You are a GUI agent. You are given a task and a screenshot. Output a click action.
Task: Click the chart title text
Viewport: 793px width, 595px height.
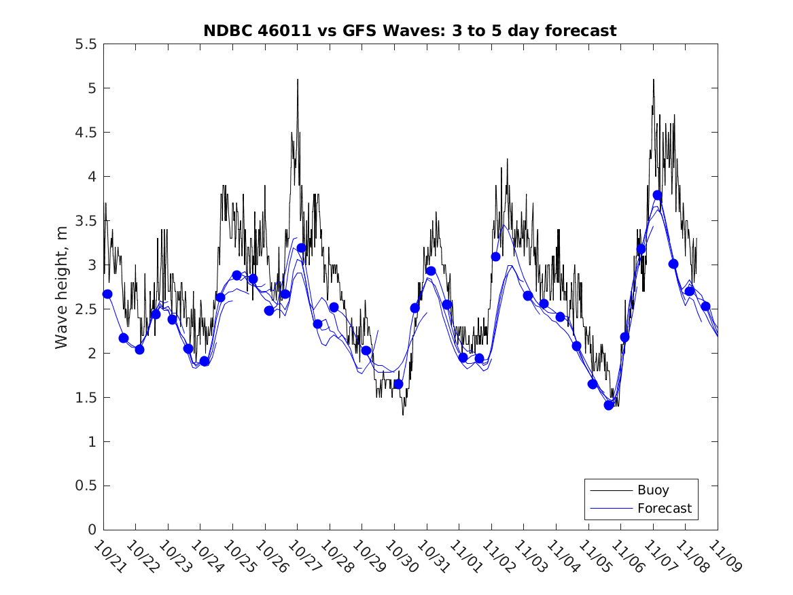pyautogui.click(x=410, y=31)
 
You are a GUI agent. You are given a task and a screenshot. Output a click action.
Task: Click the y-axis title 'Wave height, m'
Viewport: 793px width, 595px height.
pyautogui.click(x=62, y=286)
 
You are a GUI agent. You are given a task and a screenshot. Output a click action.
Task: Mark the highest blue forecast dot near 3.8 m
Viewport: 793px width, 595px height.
pyautogui.click(x=657, y=195)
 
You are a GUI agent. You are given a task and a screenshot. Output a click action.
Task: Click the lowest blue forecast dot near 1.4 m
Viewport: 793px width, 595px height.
pyautogui.click(x=609, y=405)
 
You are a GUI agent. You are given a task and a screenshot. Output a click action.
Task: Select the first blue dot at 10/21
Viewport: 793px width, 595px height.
pyautogui.click(x=107, y=294)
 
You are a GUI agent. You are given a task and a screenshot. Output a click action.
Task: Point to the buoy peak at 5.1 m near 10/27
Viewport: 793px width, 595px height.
pyautogui.click(x=298, y=80)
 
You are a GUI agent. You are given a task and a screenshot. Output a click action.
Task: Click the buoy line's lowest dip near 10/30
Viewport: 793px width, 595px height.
pyautogui.click(x=403, y=413)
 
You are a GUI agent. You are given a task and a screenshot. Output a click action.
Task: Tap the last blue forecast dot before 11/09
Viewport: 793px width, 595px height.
pyautogui.click(x=705, y=306)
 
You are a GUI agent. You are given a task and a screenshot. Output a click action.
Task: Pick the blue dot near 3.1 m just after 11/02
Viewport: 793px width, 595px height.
pyautogui.click(x=495, y=256)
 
